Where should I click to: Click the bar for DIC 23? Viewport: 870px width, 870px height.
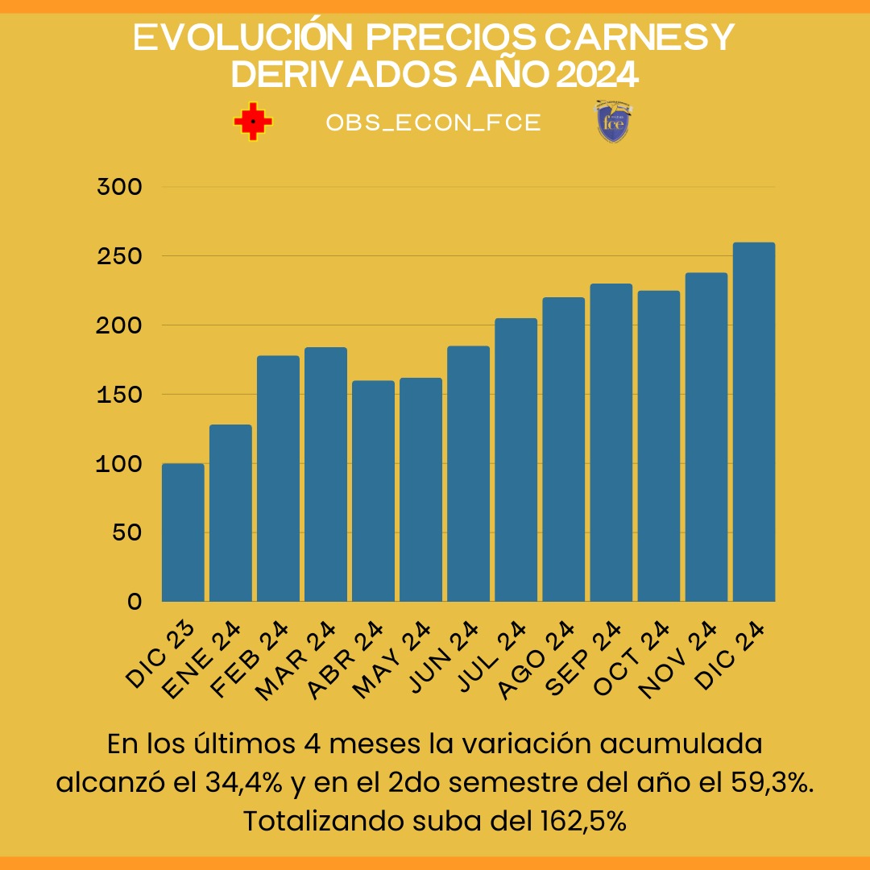(x=183, y=532)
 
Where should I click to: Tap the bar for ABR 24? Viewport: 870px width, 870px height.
(x=373, y=491)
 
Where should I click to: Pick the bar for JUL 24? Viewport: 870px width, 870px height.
(x=516, y=460)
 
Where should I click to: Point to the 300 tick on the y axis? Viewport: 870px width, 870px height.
(x=119, y=187)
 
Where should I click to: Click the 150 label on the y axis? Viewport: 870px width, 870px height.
(x=119, y=395)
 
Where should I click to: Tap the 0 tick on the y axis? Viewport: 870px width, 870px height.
(x=134, y=602)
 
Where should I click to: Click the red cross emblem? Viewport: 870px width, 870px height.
(x=253, y=122)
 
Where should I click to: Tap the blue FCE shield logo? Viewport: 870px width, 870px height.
(x=613, y=122)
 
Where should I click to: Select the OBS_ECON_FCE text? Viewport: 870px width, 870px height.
(x=433, y=123)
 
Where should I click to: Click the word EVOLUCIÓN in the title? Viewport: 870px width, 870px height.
(x=230, y=39)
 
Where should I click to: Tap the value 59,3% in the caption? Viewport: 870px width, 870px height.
(x=768, y=783)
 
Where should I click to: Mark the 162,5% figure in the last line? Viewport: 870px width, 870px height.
(x=579, y=822)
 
